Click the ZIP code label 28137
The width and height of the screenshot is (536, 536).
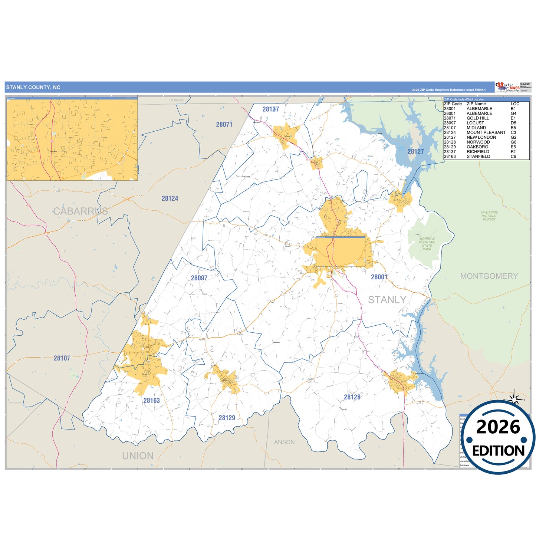[x=270, y=109]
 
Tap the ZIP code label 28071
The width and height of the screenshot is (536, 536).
[x=224, y=125]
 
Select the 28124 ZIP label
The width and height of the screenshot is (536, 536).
[x=170, y=198]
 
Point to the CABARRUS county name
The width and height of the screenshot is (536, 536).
[x=80, y=211]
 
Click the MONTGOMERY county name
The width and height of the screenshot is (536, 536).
[x=489, y=276]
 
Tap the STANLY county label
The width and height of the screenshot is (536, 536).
[x=387, y=300]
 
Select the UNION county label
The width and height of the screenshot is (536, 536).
[x=138, y=456]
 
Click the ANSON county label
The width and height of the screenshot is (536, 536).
[x=284, y=442]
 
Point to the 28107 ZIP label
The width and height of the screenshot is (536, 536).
[x=62, y=358]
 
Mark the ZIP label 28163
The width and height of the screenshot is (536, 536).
[x=151, y=401]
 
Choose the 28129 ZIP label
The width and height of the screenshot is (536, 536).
[x=227, y=418]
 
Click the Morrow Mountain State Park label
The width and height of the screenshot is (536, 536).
[x=427, y=244]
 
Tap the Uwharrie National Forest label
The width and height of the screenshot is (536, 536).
[x=489, y=216]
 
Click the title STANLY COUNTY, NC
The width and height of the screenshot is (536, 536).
[x=33, y=88]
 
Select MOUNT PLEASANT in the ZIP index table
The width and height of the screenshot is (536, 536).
[x=486, y=132]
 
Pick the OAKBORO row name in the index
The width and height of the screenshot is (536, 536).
[x=477, y=147]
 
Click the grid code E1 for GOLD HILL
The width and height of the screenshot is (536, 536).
[x=513, y=118]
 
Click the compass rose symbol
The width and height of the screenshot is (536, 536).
[x=514, y=399]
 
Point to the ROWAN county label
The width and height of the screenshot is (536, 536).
[x=176, y=100]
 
